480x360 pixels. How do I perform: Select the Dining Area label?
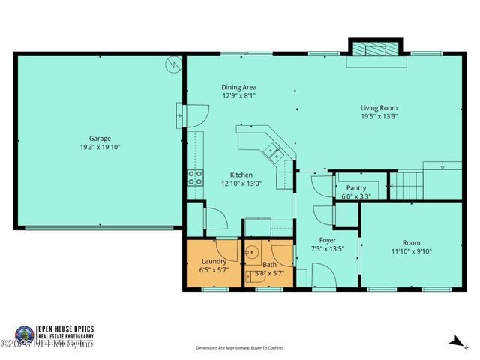coord(238,87)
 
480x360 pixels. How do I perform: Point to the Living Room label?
coord(379,108)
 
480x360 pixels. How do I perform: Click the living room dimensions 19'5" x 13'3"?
coord(379,117)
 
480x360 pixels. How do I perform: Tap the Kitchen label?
coord(241,174)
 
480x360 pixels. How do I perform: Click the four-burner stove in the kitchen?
coord(195,177)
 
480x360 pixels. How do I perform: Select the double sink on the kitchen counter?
coord(273,154)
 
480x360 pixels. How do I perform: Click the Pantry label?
coord(356,188)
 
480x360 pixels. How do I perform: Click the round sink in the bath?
coord(253,252)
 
